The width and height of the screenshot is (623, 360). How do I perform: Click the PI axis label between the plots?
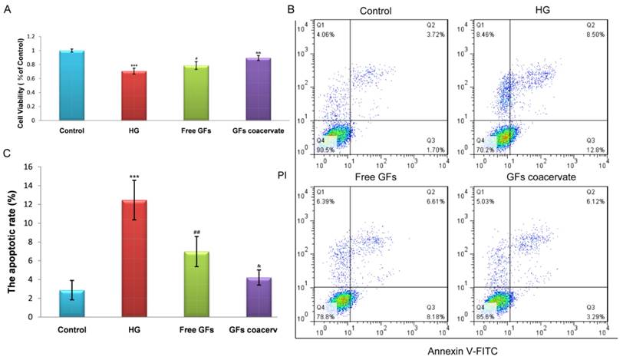[281, 176]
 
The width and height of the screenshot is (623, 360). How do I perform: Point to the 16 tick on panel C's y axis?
[28, 167]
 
